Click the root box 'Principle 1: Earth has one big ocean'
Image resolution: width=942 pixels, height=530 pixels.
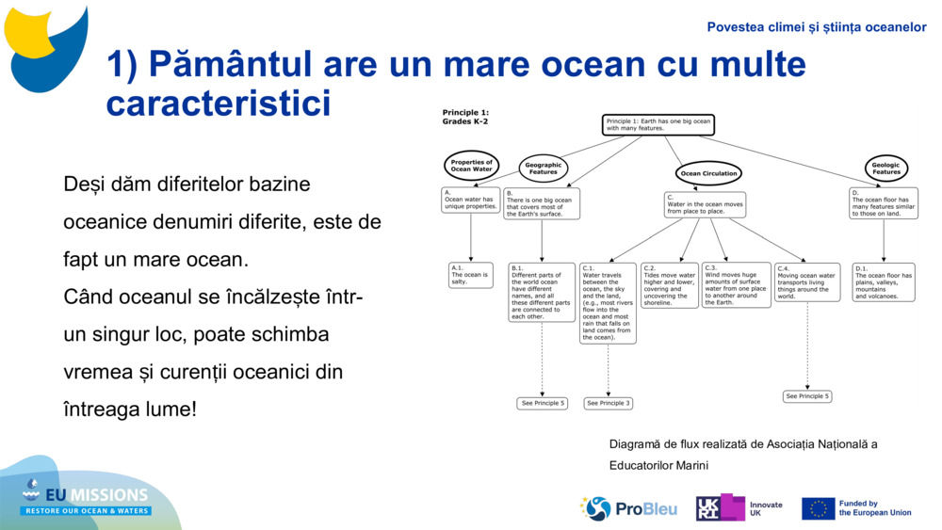658,125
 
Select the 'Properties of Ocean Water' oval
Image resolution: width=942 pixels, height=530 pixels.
471,166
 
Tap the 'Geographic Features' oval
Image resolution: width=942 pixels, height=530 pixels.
543,169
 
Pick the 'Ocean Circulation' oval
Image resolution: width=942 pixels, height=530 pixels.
708,173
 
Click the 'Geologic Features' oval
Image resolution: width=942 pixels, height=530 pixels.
885,169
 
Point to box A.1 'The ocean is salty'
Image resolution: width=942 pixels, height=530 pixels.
470,275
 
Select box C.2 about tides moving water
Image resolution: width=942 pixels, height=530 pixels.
669,285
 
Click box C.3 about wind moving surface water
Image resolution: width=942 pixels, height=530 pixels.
736,285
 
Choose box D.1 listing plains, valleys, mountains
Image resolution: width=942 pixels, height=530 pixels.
884,282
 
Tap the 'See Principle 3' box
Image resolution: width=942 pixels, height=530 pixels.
608,403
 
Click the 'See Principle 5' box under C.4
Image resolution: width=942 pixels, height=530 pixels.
807,396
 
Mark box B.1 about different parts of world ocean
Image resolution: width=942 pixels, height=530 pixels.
542,292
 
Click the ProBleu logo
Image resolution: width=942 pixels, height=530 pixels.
629,508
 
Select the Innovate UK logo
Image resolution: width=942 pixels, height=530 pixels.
739,508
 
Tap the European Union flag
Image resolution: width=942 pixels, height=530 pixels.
818,508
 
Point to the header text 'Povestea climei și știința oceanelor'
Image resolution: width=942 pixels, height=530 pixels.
817,27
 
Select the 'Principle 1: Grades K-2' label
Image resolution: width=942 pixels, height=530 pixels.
465,117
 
